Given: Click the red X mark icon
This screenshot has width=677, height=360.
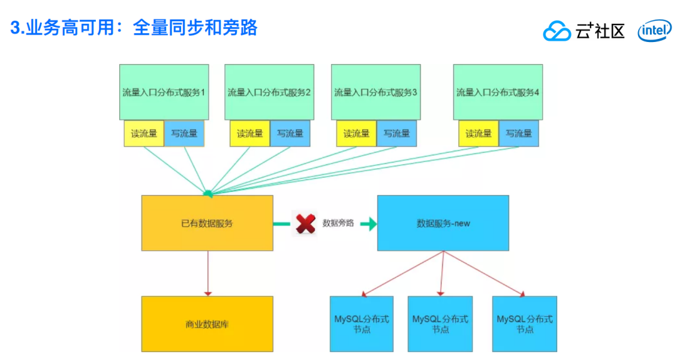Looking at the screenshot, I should [305, 223].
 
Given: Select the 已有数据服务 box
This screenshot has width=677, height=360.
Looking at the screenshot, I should [207, 223].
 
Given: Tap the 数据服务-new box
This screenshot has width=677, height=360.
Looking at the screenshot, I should [443, 223].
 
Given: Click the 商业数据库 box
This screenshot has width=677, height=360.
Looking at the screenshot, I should [207, 324].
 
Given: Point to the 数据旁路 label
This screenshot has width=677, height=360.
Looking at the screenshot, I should [338, 223].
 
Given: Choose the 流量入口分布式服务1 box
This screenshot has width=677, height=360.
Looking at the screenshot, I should [164, 92].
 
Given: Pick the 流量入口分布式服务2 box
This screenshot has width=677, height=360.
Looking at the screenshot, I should [270, 92].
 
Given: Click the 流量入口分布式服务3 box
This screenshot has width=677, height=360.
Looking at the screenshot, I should [375, 92].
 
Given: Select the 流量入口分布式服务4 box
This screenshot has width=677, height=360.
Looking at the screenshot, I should [498, 92].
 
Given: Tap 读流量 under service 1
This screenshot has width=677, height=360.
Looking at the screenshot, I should [144, 133].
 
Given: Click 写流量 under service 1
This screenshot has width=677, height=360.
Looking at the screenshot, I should [184, 133].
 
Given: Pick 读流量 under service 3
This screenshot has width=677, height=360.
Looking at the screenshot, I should [356, 133].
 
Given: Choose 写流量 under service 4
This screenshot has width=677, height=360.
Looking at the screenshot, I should [518, 133].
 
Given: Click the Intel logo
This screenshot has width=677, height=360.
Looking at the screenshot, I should [654, 30].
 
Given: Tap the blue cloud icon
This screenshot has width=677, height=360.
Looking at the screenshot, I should [557, 31].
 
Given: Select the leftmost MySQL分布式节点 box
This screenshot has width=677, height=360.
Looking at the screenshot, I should [362, 324].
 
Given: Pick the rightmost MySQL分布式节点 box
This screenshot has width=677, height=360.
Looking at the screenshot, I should [524, 324].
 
